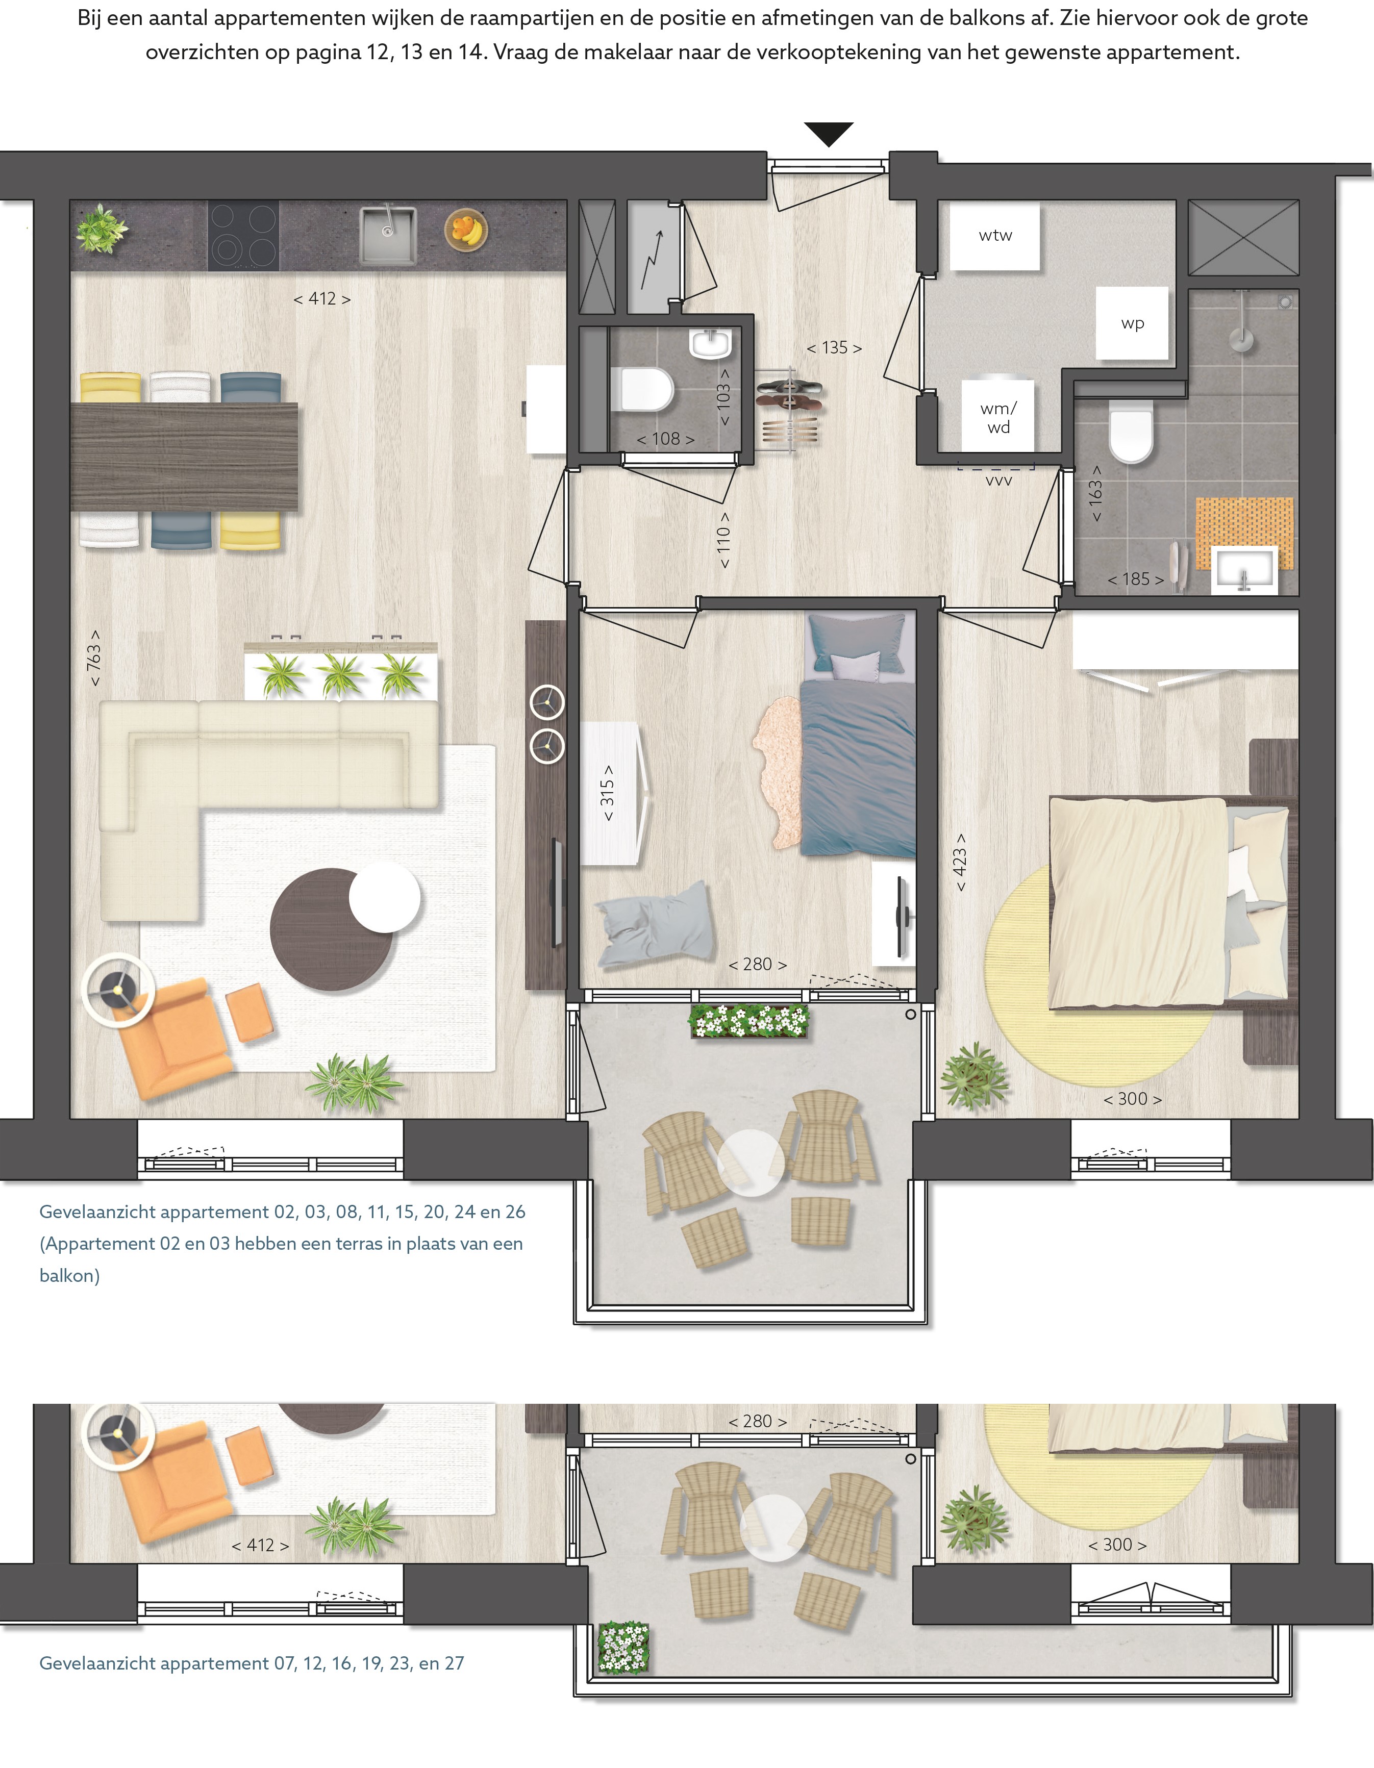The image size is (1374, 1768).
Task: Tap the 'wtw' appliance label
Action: click(995, 236)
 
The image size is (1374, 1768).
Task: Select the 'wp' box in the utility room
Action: click(1132, 323)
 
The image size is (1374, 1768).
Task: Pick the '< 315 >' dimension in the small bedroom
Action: click(607, 793)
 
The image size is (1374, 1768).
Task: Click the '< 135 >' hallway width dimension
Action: click(834, 348)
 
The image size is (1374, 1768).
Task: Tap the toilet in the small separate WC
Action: click(641, 389)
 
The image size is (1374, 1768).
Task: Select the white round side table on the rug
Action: click(385, 897)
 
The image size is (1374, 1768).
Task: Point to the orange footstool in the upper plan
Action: click(249, 1012)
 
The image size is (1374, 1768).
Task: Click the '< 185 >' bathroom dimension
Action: click(1135, 579)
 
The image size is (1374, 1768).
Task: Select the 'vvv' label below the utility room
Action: click(998, 481)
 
